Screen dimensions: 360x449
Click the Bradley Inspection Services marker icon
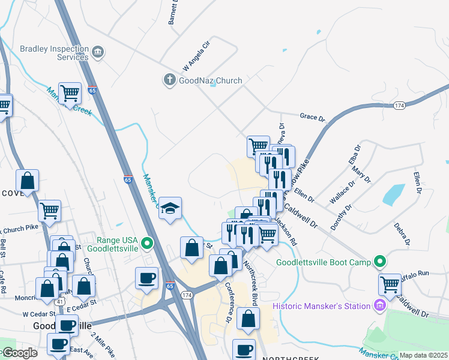(x=98, y=53)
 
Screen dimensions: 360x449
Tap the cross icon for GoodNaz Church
(x=170, y=80)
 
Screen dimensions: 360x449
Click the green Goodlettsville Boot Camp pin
(x=379, y=262)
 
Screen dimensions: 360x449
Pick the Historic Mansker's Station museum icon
(x=379, y=306)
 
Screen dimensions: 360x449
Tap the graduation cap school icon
(x=170, y=208)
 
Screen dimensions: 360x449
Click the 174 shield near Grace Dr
(x=400, y=106)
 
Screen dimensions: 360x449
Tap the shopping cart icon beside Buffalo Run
(x=390, y=283)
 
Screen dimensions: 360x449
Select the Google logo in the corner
(x=19, y=353)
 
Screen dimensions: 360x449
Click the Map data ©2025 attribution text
(x=423, y=355)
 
